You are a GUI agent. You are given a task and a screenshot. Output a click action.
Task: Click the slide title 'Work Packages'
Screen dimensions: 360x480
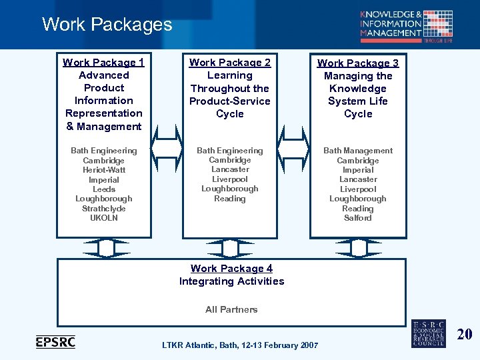(107, 25)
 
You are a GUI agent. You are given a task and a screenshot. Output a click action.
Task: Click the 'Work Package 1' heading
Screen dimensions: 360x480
(103, 63)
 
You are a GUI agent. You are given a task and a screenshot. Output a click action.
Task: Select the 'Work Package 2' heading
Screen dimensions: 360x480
(230, 63)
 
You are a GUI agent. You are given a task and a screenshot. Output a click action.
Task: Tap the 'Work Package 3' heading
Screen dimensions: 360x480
(358, 63)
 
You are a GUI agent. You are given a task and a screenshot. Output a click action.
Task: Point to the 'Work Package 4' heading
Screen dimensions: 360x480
(231, 269)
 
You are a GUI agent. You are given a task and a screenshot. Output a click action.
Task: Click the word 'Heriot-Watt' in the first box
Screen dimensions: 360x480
(103, 170)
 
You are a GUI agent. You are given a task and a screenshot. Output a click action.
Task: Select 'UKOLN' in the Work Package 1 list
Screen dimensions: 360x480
(103, 218)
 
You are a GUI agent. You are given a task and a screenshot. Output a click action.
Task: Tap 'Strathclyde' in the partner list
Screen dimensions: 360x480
(103, 209)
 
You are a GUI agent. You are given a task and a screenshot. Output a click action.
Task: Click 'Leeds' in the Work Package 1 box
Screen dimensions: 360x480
(103, 189)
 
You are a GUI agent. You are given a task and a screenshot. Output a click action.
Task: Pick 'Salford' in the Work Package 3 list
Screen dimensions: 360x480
(358, 218)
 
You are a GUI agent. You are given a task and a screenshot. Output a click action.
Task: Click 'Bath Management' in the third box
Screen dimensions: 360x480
(358, 151)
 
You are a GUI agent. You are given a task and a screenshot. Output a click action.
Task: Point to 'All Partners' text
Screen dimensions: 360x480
(231, 309)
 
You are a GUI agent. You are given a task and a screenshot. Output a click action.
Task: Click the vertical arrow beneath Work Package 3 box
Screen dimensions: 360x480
(358, 248)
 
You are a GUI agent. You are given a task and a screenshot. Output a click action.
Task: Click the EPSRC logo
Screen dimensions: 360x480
(55, 342)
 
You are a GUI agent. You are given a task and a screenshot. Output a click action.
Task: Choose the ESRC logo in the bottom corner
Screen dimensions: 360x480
(428, 332)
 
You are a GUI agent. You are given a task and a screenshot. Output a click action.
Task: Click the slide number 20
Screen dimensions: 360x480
(464, 334)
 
